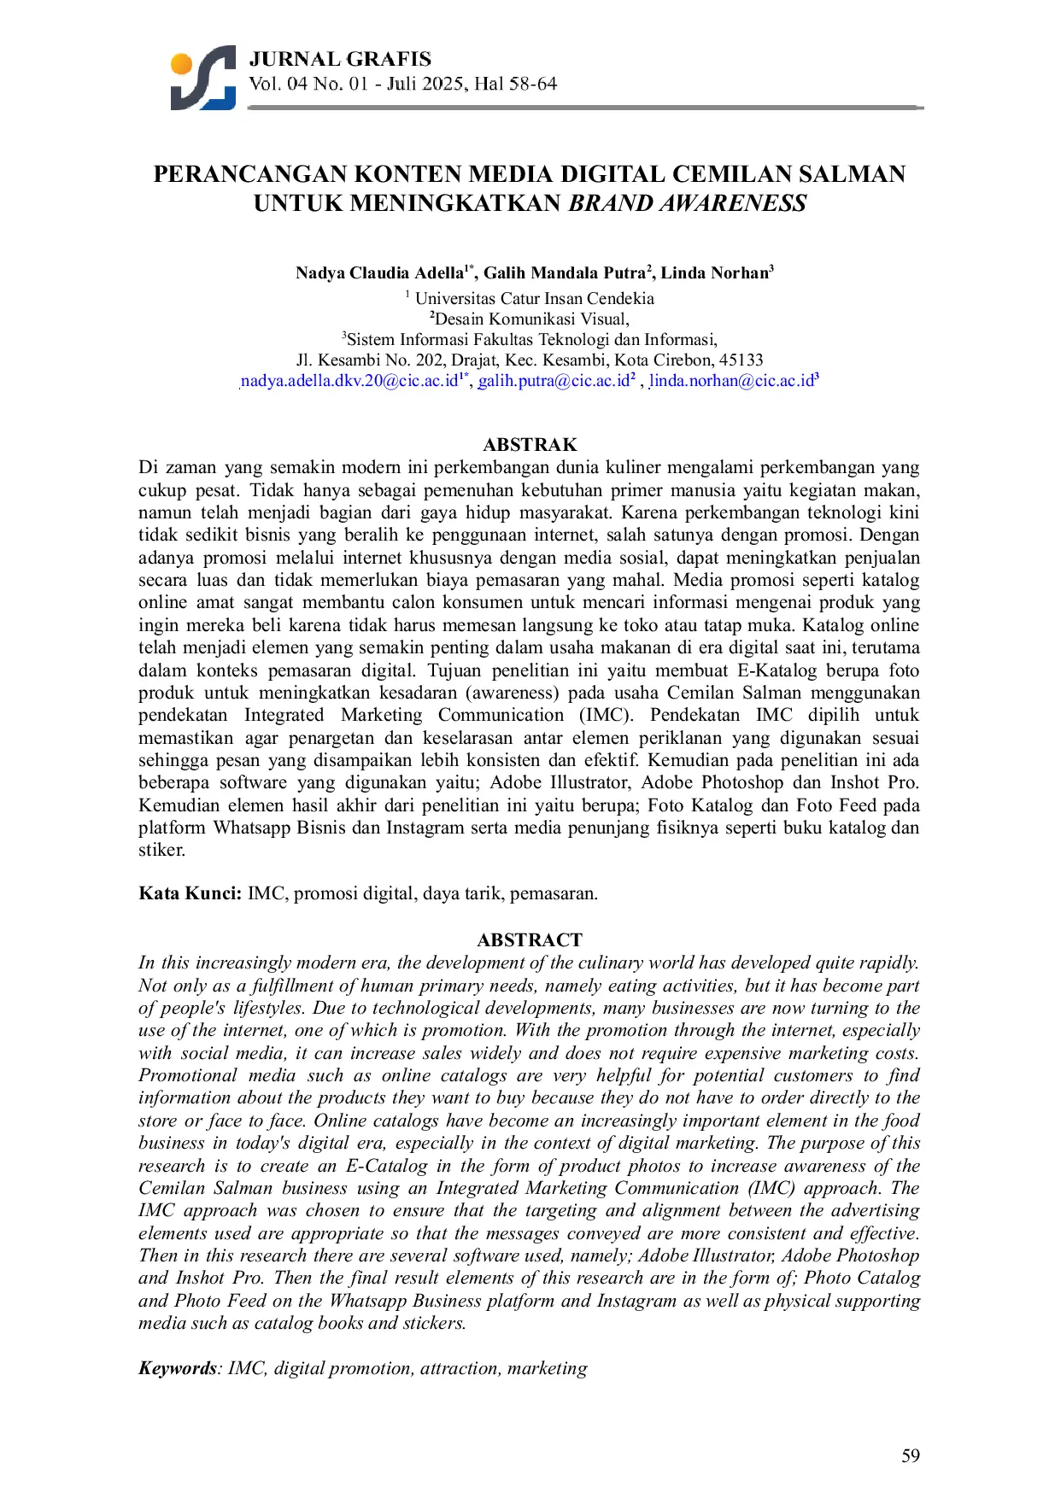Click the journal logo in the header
click(203, 78)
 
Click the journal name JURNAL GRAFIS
click(340, 59)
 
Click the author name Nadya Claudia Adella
click(378, 273)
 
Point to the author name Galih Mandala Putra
click(565, 273)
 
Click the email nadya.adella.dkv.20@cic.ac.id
click(349, 381)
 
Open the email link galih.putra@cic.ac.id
click(553, 381)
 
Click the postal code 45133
click(741, 360)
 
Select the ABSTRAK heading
click(530, 445)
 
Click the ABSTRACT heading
click(530, 940)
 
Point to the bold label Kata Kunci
click(191, 894)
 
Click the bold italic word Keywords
click(178, 1368)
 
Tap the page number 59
click(911, 1456)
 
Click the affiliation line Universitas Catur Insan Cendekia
click(534, 299)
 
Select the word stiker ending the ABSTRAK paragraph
click(161, 850)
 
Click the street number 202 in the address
click(431, 360)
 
